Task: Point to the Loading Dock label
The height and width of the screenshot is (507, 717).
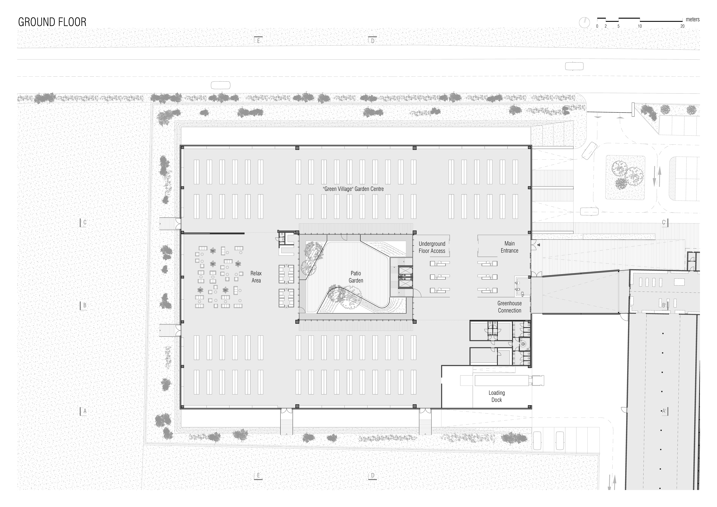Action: click(x=497, y=396)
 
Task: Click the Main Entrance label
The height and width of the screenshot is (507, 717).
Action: click(x=509, y=247)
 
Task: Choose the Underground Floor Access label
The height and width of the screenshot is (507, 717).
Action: click(x=432, y=247)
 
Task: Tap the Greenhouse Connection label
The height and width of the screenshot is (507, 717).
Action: click(x=509, y=307)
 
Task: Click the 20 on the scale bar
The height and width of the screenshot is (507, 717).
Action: click(x=682, y=26)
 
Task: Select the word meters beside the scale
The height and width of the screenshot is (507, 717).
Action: click(x=693, y=19)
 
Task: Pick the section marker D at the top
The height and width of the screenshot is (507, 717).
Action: click(x=372, y=41)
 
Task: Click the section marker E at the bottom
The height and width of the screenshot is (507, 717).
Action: click(x=258, y=475)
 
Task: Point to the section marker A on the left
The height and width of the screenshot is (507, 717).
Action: click(x=84, y=411)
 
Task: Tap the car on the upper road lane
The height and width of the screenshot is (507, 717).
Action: click(x=574, y=66)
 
